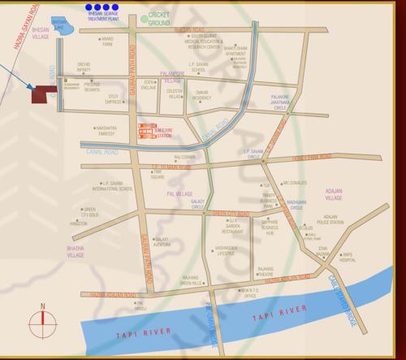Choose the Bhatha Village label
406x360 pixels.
(76, 250)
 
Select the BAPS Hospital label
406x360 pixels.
(348, 258)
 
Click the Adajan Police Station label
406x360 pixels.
(330, 219)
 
